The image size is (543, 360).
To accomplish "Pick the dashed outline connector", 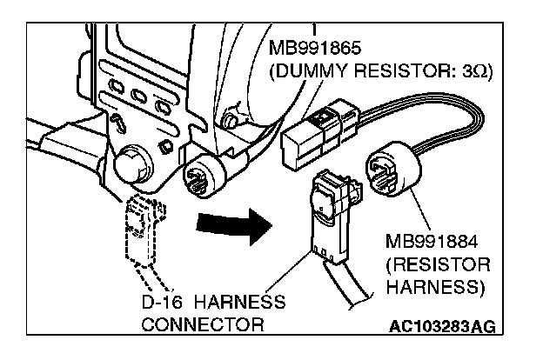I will (143, 234).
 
